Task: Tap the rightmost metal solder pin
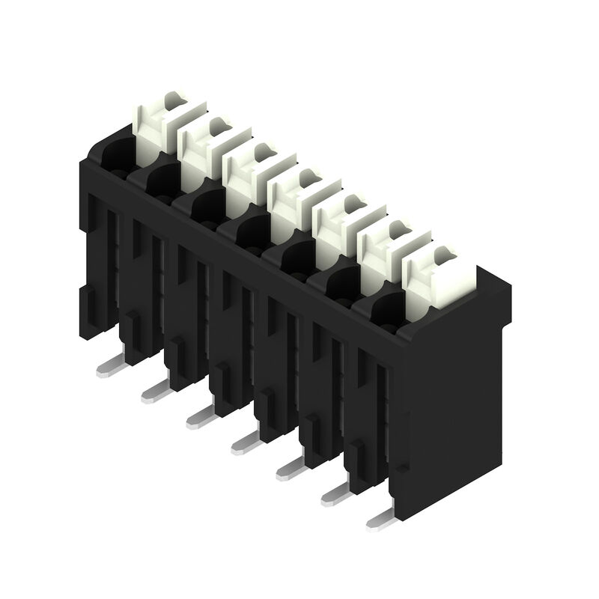[x=383, y=520]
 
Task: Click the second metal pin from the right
[x=337, y=494]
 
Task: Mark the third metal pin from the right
[x=291, y=468]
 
